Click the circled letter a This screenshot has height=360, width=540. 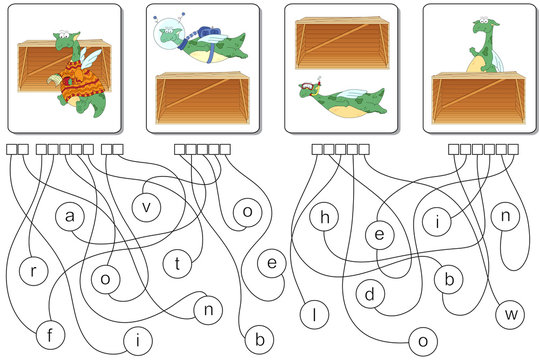[69, 215]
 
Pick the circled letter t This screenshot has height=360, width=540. [177, 264]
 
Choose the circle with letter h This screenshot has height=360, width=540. [325, 217]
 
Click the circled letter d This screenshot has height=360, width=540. [369, 294]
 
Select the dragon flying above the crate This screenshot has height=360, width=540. [205, 45]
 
